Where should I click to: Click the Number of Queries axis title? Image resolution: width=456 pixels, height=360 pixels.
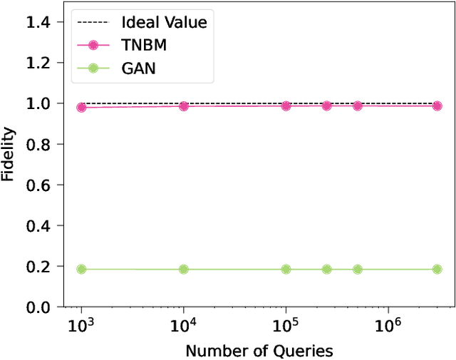coord(259,350)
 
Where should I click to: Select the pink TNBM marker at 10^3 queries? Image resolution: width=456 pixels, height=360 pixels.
coord(81,107)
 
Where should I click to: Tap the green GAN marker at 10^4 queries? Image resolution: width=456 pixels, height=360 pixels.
coord(184,269)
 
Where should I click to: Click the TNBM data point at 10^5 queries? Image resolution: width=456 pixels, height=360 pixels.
coord(286,106)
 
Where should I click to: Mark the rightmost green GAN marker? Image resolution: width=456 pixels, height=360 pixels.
coord(437,269)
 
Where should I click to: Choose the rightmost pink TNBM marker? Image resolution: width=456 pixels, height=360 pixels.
coord(437,106)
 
